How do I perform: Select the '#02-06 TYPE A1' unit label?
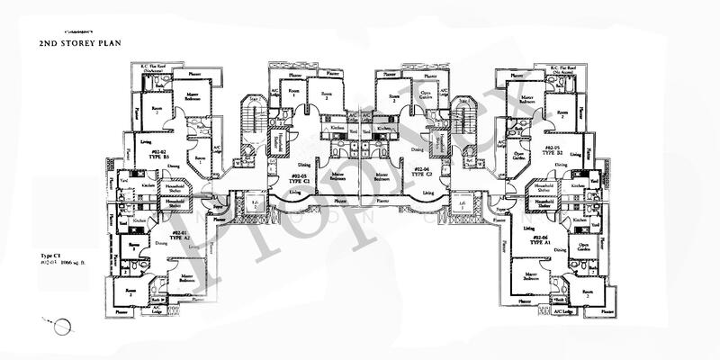coord(540,240)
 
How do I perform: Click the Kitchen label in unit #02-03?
coord(337,130)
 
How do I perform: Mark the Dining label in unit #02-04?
coord(417,149)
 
